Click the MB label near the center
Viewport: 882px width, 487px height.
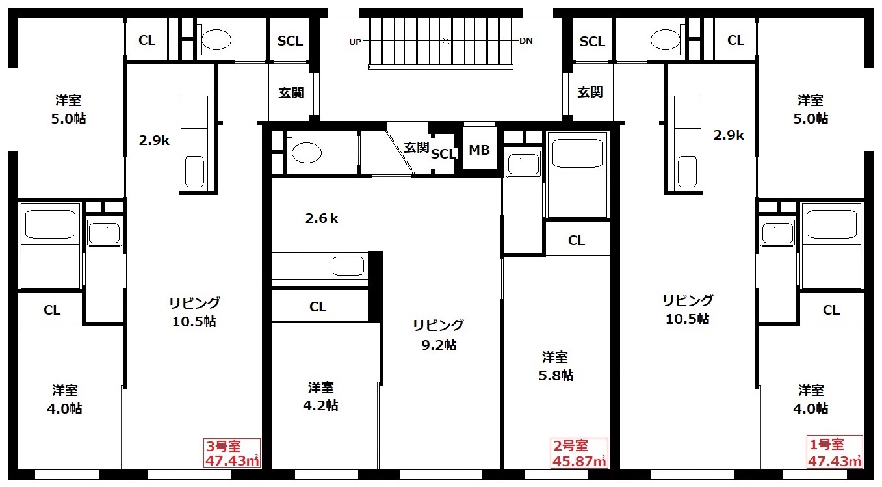point(479,150)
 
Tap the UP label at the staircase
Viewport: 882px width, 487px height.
point(355,42)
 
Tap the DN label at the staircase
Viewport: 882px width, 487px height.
point(526,41)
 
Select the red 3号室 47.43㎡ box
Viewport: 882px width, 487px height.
point(232,453)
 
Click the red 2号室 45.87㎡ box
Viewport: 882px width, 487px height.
point(579,453)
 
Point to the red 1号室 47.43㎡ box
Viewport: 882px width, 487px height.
point(835,452)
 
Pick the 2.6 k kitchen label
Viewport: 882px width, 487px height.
point(322,218)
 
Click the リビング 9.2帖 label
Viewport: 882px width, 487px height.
point(438,335)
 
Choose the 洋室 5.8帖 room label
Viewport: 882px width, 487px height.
point(556,366)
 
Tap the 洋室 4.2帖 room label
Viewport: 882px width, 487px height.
point(320,397)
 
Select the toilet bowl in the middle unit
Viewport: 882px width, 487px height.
point(307,152)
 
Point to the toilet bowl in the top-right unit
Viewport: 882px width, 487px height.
point(665,40)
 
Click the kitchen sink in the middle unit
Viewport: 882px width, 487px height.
point(348,267)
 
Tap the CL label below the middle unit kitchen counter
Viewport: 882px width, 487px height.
point(318,307)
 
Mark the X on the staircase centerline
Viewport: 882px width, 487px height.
point(446,40)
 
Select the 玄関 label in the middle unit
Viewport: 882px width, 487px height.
point(416,148)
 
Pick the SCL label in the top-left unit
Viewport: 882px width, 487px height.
point(290,41)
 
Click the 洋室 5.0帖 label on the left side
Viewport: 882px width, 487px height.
point(68,109)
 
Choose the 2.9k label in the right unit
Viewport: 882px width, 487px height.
point(729,135)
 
